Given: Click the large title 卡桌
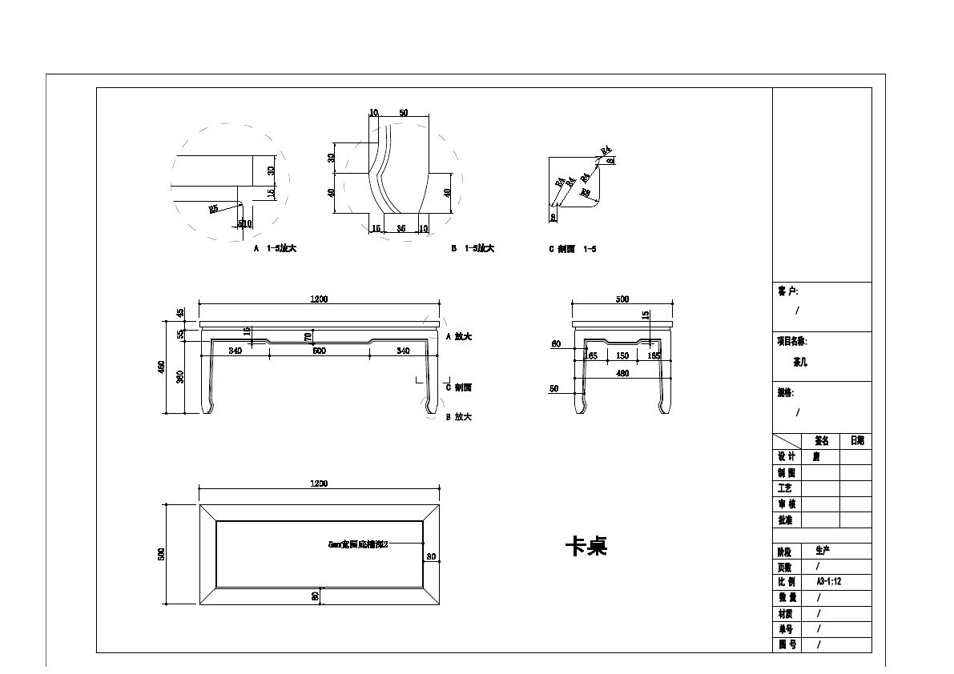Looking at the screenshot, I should (x=586, y=547).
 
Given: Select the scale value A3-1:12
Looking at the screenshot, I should (x=828, y=582).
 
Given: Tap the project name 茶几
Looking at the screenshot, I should (x=799, y=362).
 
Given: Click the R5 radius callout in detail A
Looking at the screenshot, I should (x=214, y=209).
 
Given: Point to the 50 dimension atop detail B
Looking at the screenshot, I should (x=403, y=114).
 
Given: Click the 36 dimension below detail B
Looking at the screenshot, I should (x=401, y=229).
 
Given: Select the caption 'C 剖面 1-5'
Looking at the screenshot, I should (x=572, y=249).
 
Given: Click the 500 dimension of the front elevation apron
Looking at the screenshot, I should (x=319, y=351).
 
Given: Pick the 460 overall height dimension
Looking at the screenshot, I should (x=161, y=367).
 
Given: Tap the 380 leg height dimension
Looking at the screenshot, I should (x=180, y=376).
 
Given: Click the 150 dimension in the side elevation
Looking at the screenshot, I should (x=622, y=355).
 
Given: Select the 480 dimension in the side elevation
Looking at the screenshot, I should (x=622, y=373).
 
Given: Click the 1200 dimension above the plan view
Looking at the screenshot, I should (x=319, y=483).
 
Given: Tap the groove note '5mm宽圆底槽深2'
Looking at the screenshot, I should (x=358, y=544).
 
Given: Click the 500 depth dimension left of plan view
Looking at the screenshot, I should (x=161, y=554).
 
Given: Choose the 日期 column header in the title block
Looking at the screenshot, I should (x=856, y=441).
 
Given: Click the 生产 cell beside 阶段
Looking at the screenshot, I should (x=823, y=551).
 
